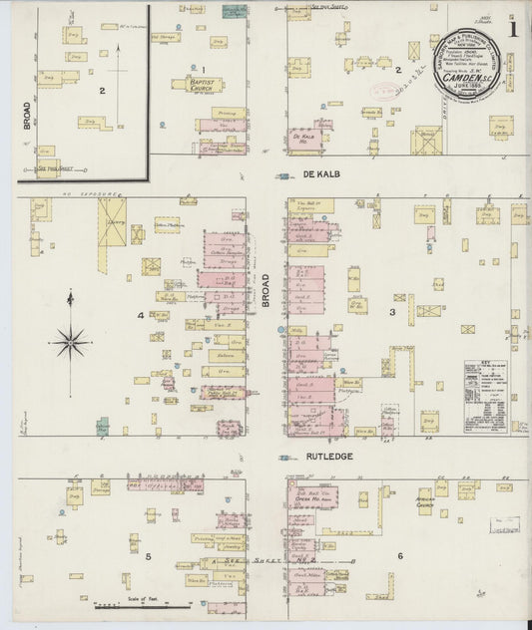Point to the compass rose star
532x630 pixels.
pyautogui.click(x=71, y=342)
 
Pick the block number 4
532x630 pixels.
pyautogui.click(x=142, y=316)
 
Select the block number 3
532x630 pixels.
pyautogui.click(x=392, y=313)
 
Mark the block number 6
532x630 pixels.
pyautogui.click(x=399, y=555)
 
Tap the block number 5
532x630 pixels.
pyautogui.click(x=147, y=555)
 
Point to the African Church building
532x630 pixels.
pyautogui.click(x=425, y=504)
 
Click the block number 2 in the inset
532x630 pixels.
pyautogui.click(x=102, y=91)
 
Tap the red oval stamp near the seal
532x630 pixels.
pyautogui.click(x=382, y=90)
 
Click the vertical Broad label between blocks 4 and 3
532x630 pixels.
pyautogui.click(x=266, y=290)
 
